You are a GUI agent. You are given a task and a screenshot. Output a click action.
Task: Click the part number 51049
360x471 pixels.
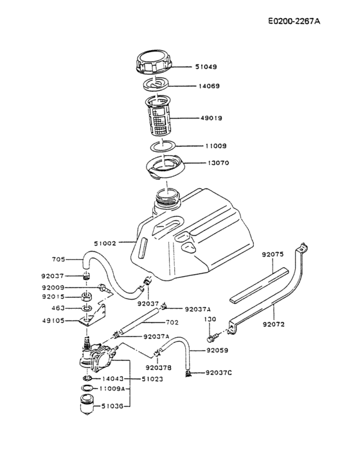pos(206,66)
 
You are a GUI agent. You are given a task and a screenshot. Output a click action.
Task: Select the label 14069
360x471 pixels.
pos(206,86)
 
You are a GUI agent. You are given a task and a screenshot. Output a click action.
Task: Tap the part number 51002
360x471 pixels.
pos(105,243)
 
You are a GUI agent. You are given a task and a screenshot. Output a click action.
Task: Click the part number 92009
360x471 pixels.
pos(53,287)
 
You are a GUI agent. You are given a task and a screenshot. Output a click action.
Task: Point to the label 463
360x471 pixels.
pos(59,308)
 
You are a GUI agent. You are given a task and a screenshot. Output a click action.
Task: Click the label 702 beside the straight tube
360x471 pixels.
pos(172,322)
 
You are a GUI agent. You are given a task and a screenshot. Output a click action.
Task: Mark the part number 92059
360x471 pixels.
pos(217,351)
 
